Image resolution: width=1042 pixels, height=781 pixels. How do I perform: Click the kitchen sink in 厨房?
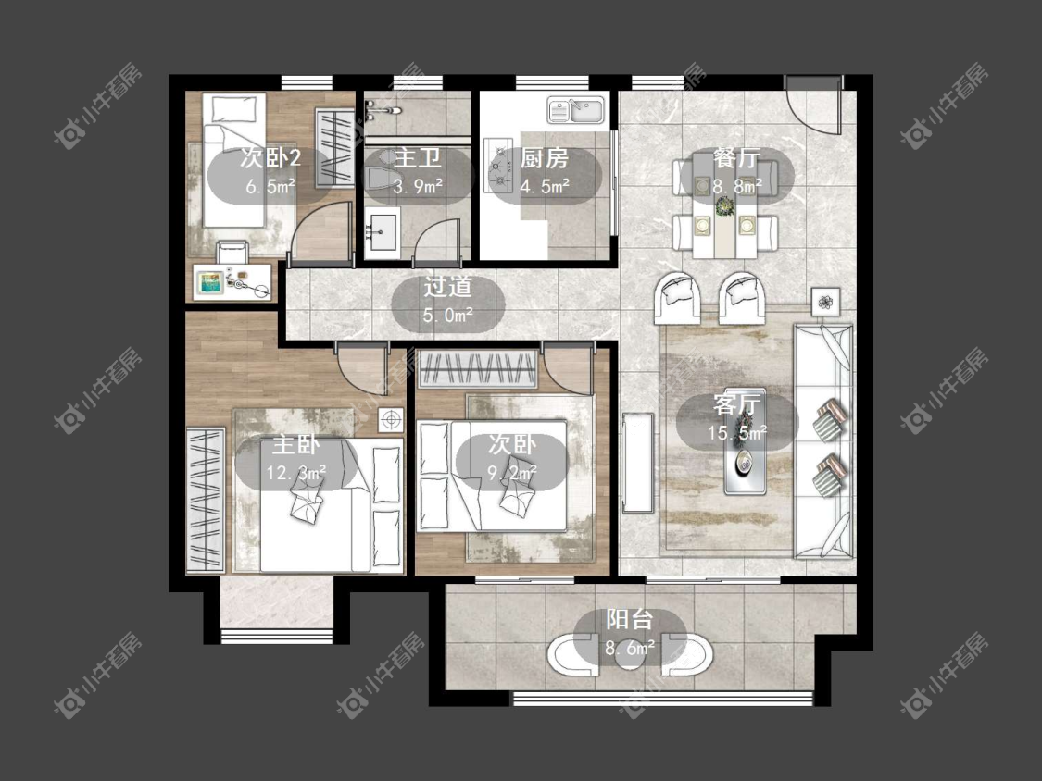coord(576,109)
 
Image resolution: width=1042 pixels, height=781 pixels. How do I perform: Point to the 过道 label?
coord(448,286)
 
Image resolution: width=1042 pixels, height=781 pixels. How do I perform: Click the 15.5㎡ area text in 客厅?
coord(737,434)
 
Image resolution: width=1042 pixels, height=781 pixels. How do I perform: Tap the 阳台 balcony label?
coord(629,619)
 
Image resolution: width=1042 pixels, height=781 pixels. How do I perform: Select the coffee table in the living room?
coord(745,440)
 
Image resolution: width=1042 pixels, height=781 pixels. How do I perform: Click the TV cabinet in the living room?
coord(638,463)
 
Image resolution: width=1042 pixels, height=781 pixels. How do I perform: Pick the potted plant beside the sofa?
coord(825,303)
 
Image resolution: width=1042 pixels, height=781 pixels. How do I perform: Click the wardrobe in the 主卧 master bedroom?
coord(206,500)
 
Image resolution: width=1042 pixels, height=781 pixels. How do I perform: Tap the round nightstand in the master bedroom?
coord(391,420)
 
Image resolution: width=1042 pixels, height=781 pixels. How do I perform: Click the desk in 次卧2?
coord(232,282)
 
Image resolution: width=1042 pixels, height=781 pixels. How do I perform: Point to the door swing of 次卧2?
coord(320,228)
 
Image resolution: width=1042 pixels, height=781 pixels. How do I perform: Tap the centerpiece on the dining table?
coord(723,208)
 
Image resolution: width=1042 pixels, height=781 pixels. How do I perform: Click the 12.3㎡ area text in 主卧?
coord(295,473)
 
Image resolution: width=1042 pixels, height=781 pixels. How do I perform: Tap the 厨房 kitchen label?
coord(545,159)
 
